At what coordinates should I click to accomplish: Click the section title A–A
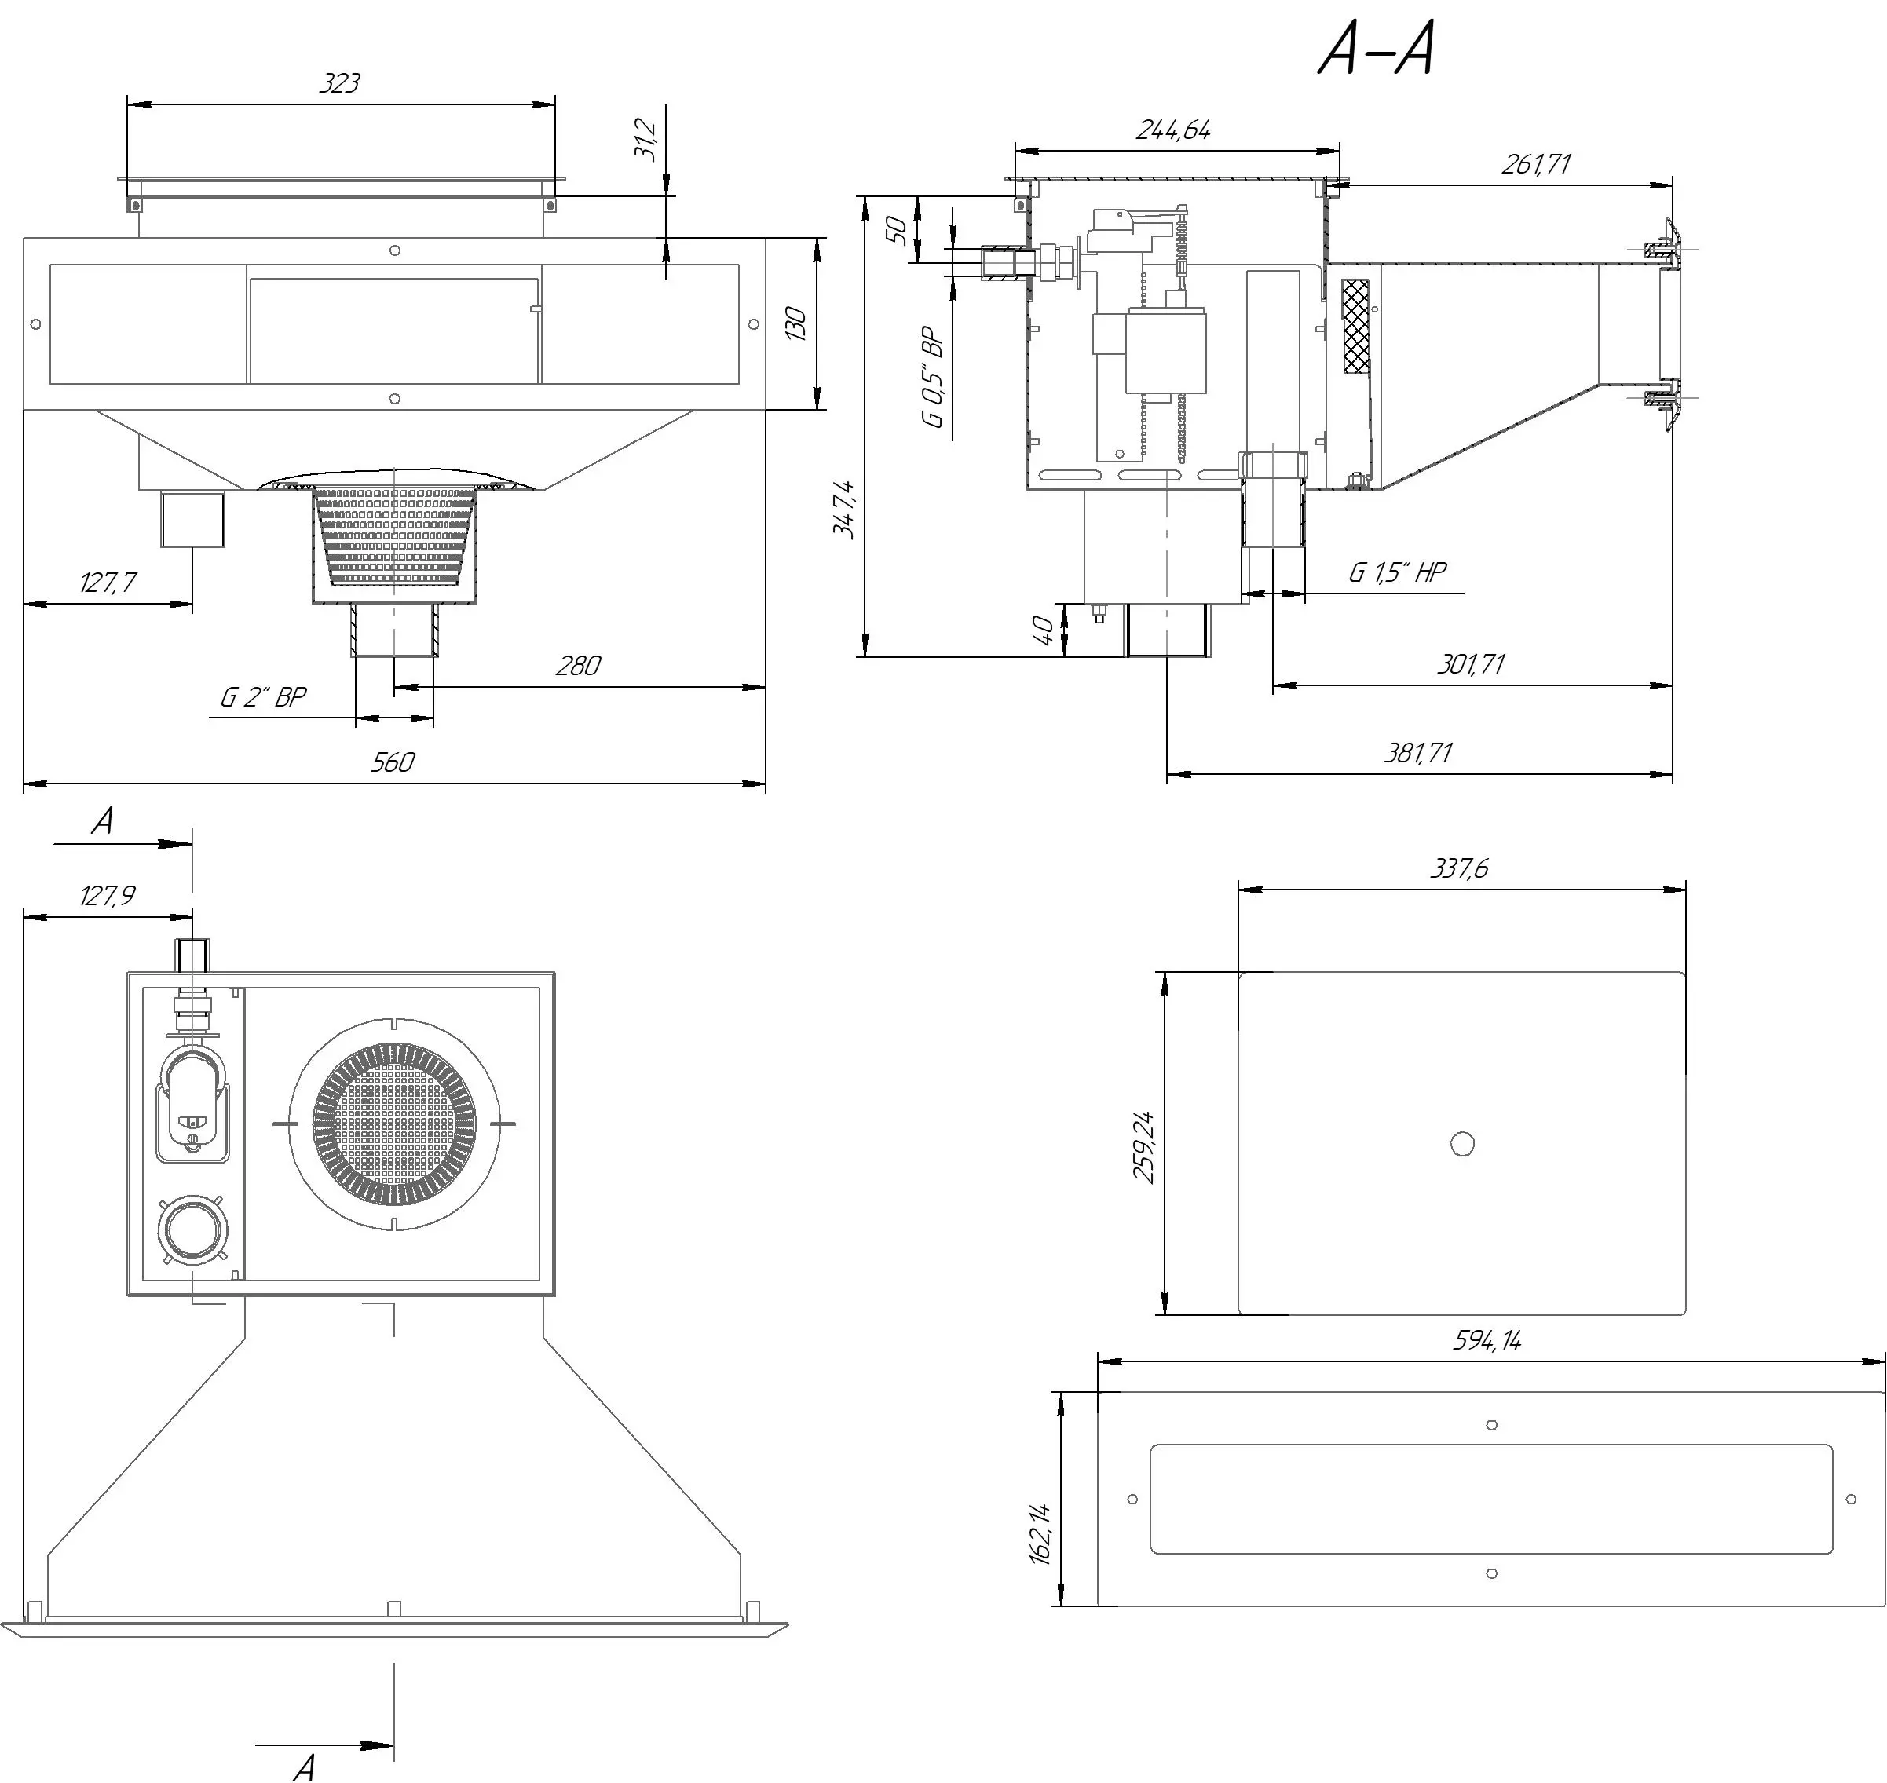tap(1376, 50)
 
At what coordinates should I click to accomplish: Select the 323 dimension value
tap(339, 84)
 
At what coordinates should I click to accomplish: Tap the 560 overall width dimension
tap(392, 762)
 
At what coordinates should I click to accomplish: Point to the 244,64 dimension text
tap(1174, 130)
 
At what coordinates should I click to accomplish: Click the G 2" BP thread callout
tap(263, 698)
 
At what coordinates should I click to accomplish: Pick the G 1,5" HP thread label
tap(1398, 572)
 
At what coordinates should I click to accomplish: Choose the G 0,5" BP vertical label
tap(935, 378)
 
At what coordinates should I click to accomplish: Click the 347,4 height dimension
tap(844, 510)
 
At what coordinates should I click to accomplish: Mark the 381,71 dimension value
tap(1417, 754)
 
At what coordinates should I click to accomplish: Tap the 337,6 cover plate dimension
tap(1459, 868)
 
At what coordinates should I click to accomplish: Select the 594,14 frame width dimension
tap(1488, 1341)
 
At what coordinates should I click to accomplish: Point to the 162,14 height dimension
tap(1041, 1533)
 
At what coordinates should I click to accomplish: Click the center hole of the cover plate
tap(1462, 1143)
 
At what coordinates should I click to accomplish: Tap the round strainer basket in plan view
tap(393, 1124)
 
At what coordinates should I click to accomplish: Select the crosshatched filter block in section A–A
tap(1355, 325)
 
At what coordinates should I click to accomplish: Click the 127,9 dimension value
tap(108, 895)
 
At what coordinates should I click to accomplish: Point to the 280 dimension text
tap(578, 665)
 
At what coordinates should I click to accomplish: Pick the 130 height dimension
tap(796, 324)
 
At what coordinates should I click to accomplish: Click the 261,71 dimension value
tap(1536, 164)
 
